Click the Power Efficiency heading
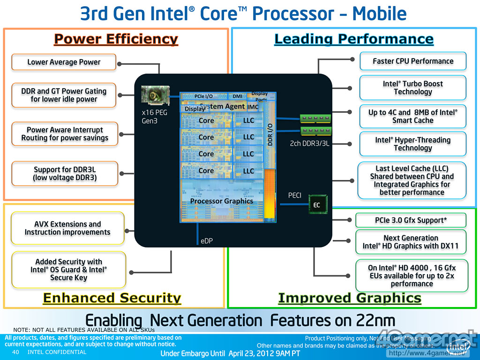click(x=116, y=39)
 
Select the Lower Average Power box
click(x=64, y=62)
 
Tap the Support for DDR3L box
click(x=65, y=173)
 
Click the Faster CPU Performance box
click(x=413, y=61)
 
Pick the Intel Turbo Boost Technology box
click(x=413, y=88)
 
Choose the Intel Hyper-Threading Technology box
click(x=413, y=144)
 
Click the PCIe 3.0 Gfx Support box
click(x=411, y=220)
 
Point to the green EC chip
click(x=317, y=205)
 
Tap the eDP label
click(x=207, y=241)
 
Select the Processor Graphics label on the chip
click(x=221, y=201)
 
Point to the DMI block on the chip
click(x=238, y=96)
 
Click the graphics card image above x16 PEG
click(x=154, y=96)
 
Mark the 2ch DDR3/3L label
click(x=309, y=143)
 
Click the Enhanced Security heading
click(x=112, y=298)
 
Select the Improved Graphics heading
click(x=350, y=298)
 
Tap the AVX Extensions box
click(x=67, y=228)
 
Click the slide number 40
click(x=15, y=352)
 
